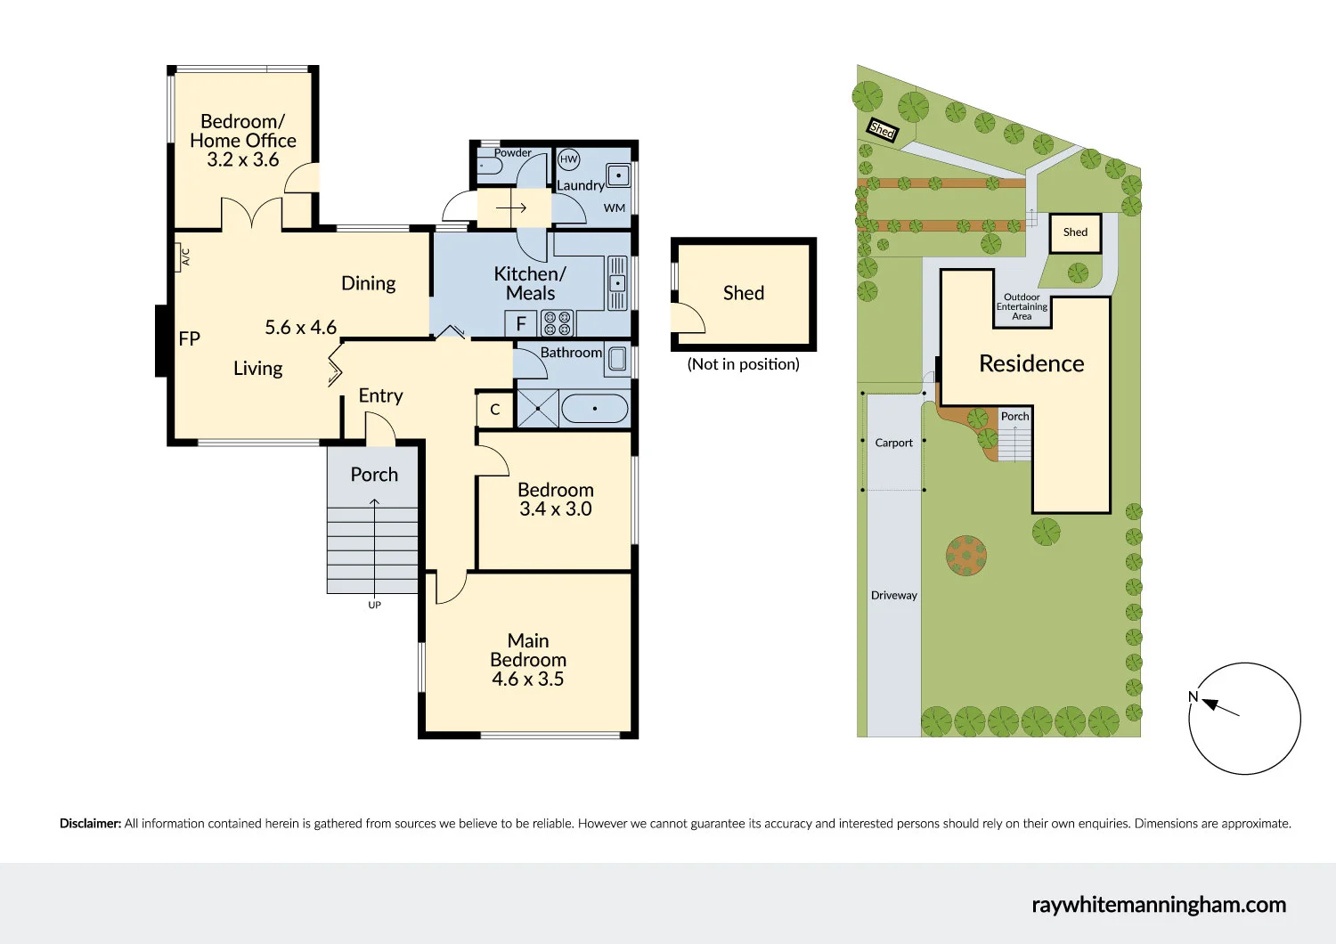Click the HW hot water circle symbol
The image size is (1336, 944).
[x=568, y=159]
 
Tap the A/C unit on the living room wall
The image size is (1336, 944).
[x=184, y=257]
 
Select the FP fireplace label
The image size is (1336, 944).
[x=189, y=338]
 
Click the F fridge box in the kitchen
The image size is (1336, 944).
[x=521, y=324]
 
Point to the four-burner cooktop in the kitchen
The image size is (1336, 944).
[x=558, y=323]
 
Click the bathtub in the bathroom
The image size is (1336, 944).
[x=595, y=409]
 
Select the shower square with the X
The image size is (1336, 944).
[x=537, y=409]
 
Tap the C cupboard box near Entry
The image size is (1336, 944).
[x=495, y=410]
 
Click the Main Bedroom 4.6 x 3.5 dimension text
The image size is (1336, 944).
[x=527, y=679]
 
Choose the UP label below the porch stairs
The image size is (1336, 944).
[x=374, y=605]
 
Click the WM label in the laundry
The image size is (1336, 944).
[x=615, y=208]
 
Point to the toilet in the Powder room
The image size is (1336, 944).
[x=488, y=166]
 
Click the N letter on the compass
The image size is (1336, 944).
[x=1193, y=696]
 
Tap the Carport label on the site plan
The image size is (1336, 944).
[x=893, y=443]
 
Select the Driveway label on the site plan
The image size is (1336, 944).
[x=893, y=595]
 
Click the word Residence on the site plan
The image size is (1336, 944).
[x=1031, y=363]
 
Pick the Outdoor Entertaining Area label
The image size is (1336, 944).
[x=1022, y=306]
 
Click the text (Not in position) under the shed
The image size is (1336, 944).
[x=743, y=364]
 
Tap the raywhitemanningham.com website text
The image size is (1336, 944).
[x=1159, y=905]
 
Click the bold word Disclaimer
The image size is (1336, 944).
[x=90, y=824]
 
